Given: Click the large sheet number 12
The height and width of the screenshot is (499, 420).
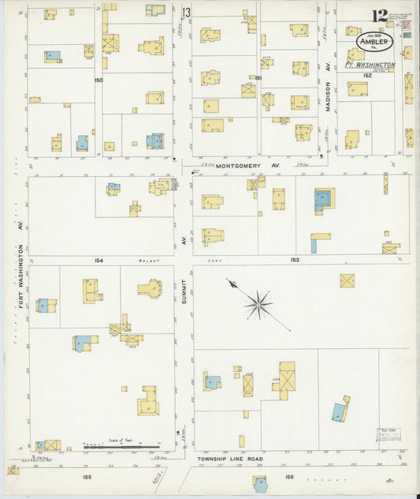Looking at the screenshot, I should tap(380, 15).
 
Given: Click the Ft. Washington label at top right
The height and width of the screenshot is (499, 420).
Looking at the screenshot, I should tap(370, 66).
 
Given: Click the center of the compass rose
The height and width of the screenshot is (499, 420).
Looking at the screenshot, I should tap(258, 303).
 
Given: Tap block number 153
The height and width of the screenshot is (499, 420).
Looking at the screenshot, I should tap(295, 259).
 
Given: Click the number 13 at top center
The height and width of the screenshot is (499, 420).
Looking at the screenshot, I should tap(187, 13).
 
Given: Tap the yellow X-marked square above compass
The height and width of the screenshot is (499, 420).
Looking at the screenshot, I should tap(347, 280).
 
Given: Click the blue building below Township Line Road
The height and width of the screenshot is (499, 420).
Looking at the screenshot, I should tap(260, 481).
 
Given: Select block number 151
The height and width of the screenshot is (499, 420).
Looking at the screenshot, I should tap(258, 78).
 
